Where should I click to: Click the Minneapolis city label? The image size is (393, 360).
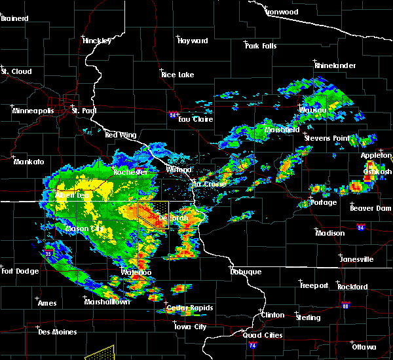coord(33,111)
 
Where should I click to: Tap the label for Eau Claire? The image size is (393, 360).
coord(194,119)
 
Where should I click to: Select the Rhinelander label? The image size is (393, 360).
coord(335,65)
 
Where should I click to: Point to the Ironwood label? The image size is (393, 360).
coord(282,12)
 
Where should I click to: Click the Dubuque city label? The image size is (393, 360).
coord(246,272)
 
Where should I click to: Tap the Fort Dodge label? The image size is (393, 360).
coord(18,271)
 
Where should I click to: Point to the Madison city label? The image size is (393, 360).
coord(329,233)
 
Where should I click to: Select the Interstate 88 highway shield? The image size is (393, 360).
coord(345,306)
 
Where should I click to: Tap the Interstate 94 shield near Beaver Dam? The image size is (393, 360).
coord(362,227)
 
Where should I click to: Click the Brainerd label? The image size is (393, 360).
coord(14,18)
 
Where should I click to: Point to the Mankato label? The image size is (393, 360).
coord(29,161)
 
